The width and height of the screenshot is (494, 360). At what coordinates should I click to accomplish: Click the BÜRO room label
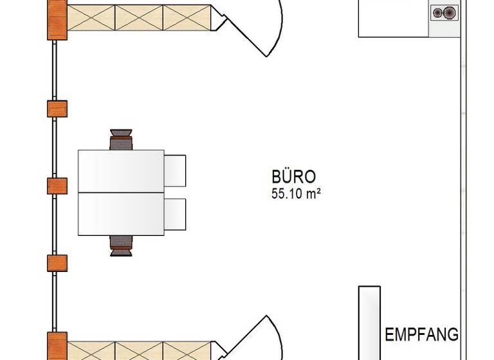293,176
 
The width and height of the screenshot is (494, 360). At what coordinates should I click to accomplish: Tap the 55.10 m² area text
296,194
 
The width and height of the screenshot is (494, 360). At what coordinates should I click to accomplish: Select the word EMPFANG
421,334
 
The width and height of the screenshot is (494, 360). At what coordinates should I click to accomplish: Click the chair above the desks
121,139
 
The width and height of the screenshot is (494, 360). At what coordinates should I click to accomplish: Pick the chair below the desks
121,246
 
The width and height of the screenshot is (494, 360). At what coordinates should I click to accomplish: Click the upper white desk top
121,171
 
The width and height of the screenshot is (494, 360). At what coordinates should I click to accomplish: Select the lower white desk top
121,214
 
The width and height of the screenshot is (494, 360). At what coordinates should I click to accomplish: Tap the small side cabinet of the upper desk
175,171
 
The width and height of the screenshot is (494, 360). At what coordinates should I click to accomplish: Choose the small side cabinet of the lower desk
175,214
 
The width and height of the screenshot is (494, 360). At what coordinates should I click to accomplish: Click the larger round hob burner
450,13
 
